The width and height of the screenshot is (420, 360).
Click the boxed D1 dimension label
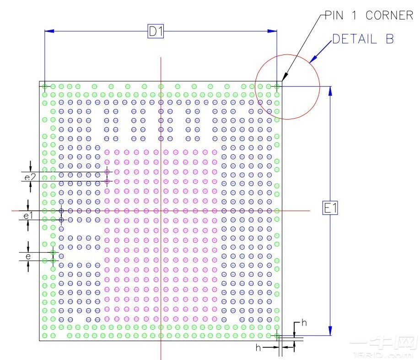[156, 31]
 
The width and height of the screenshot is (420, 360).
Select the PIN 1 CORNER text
[369, 16]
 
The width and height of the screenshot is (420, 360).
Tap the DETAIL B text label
[363, 39]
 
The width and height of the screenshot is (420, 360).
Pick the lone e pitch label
[28, 256]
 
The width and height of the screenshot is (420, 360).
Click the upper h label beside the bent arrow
[304, 323]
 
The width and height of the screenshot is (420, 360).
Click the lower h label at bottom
[258, 348]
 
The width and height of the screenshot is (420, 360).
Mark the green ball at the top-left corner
[45, 86]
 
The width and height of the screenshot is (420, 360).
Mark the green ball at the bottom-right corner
[277, 336]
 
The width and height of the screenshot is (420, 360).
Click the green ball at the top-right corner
[277, 86]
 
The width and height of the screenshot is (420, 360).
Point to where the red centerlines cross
[161, 211]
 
